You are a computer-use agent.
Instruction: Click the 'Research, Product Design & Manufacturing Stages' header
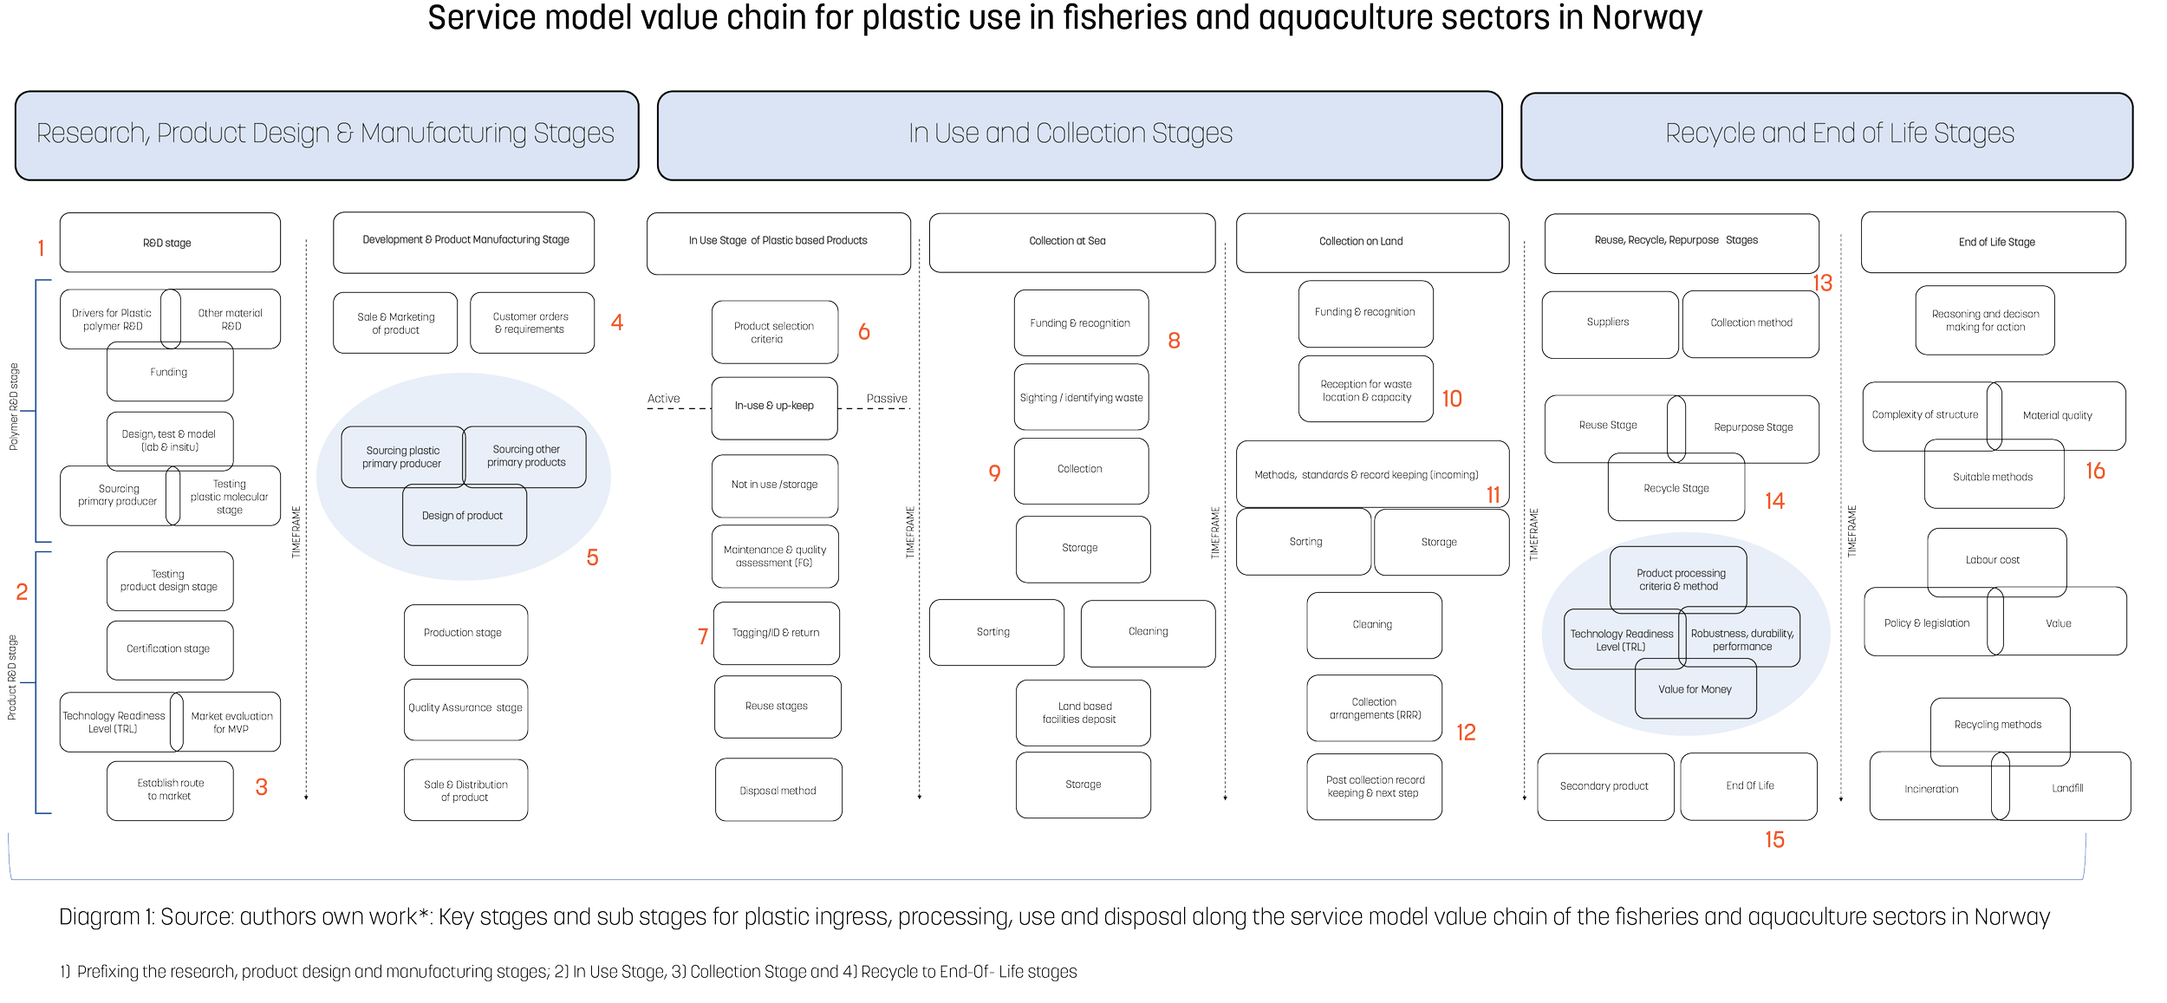pyautogui.click(x=326, y=134)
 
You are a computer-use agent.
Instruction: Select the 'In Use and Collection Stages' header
pyautogui.click(x=1070, y=134)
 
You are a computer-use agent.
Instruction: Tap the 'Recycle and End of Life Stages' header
pyautogui.click(x=1839, y=134)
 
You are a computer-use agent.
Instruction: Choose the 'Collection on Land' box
pyautogui.click(x=1361, y=242)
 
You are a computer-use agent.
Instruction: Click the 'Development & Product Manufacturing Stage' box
pyautogui.click(x=465, y=240)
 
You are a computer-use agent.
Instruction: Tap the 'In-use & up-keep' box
pyautogui.click(x=774, y=406)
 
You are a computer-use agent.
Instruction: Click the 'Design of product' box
pyautogui.click(x=463, y=516)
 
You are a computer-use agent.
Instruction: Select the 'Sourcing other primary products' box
pyautogui.click(x=526, y=456)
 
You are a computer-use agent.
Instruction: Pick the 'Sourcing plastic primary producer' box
pyautogui.click(x=402, y=457)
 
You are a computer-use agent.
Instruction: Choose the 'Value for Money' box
pyautogui.click(x=1695, y=690)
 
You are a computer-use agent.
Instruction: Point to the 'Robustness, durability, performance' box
pyautogui.click(x=1742, y=640)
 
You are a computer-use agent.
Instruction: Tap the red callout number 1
pyautogui.click(x=40, y=250)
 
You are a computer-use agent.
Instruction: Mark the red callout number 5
pyautogui.click(x=592, y=557)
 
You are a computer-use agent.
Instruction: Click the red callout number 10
pyautogui.click(x=1452, y=399)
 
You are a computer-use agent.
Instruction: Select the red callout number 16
pyautogui.click(x=2095, y=472)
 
